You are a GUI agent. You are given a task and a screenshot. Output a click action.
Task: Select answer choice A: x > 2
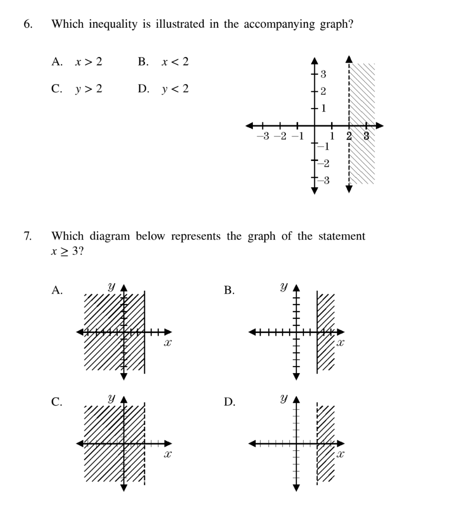(x=77, y=62)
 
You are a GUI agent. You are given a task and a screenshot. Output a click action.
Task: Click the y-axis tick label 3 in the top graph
(x=324, y=73)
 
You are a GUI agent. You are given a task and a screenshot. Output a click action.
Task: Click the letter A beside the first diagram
(x=57, y=291)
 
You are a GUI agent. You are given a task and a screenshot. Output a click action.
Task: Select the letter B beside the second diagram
(x=229, y=291)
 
